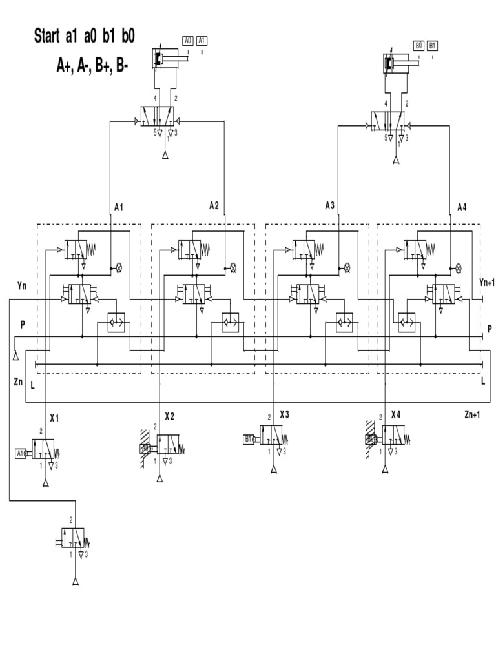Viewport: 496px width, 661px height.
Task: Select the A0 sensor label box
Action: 187,41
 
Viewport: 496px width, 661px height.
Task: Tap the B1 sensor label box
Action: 432,45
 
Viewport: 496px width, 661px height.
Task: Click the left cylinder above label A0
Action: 169,59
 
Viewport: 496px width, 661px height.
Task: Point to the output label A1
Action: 118,207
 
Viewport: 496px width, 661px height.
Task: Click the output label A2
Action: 214,205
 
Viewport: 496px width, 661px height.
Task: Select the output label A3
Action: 329,206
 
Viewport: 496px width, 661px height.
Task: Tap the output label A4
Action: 462,207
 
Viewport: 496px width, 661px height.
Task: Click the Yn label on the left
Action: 23,285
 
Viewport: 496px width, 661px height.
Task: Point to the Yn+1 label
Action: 487,283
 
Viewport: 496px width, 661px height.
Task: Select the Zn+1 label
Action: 472,414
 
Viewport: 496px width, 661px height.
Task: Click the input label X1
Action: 54,418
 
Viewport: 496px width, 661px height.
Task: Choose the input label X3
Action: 284,414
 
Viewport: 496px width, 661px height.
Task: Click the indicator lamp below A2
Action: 232,267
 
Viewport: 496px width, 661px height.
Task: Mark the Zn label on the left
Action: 18,382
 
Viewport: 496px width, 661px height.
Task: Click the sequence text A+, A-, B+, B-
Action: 92,65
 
